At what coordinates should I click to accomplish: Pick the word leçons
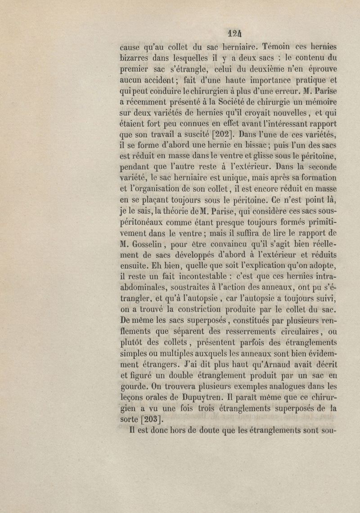pyautogui.click(x=134, y=397)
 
